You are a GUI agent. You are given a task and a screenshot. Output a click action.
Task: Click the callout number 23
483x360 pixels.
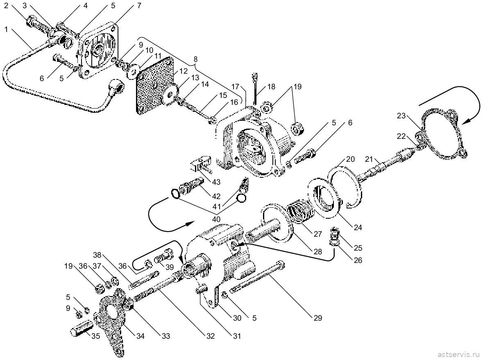[x=401, y=116]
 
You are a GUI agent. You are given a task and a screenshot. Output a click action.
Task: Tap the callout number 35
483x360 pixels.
[x=96, y=336]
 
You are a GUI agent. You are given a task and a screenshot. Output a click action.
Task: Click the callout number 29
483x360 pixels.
[x=317, y=318]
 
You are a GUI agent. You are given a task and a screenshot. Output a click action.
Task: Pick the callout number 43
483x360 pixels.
[x=216, y=182]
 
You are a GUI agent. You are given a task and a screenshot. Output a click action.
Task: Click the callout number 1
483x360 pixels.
[x=7, y=29]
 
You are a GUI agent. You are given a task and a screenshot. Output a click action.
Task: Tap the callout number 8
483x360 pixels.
[x=196, y=59]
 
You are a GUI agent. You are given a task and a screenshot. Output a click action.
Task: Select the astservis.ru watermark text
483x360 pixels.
[x=459, y=353]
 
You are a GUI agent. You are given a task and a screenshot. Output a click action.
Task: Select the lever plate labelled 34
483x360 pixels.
[x=111, y=320]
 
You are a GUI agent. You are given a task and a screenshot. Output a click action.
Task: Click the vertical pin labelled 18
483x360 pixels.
[x=255, y=89]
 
